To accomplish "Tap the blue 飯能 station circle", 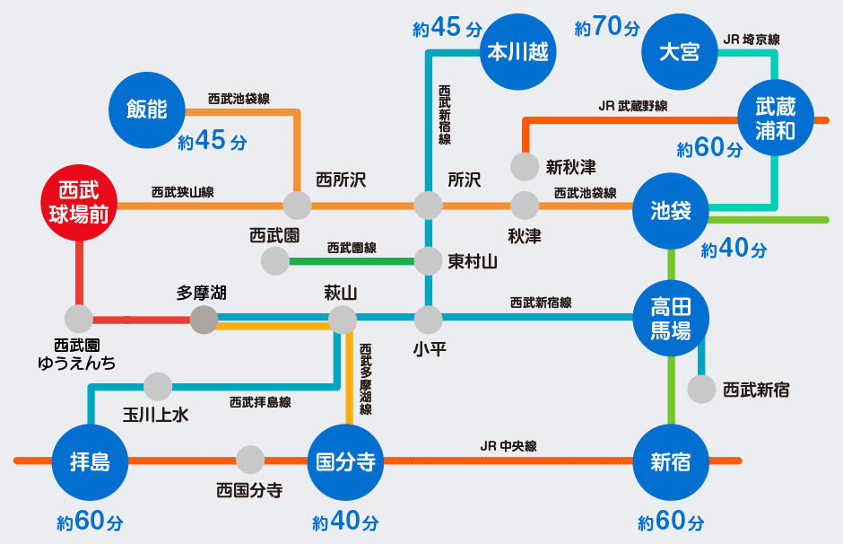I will coord(146,110).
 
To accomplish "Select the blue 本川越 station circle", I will coord(517,51).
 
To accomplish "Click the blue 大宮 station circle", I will coord(679,51).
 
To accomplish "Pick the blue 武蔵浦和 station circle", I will coord(776,119).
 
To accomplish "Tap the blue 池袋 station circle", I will coord(671,213).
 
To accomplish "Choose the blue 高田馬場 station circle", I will coord(671,318).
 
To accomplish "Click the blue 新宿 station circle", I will coord(671,461).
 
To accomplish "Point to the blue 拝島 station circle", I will coord(91,461).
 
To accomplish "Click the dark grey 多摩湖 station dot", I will coord(204,319).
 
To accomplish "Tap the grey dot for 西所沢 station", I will coord(297,205).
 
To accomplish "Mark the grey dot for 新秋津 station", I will coord(525,167).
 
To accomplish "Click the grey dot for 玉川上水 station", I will coord(158,387).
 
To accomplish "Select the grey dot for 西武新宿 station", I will coord(701,390).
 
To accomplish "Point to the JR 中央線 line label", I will coord(508,445).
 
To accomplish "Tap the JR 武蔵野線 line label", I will coord(633,106).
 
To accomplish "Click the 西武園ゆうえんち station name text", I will coord(76,354).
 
